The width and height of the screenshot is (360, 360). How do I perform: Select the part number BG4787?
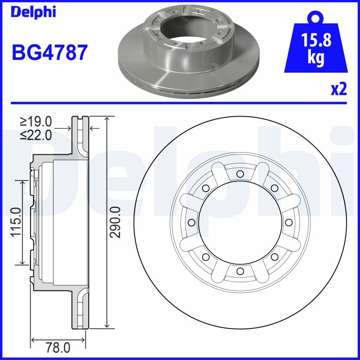point(49,52)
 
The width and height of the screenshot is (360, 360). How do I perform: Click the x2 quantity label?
point(339,90)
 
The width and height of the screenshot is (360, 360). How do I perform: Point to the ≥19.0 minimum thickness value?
point(36,121)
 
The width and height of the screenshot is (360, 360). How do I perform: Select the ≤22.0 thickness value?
point(36,134)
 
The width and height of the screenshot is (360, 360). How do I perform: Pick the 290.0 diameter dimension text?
point(116,222)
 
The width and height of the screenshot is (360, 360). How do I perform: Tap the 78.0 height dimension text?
point(59,348)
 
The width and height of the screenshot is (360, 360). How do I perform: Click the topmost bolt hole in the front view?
point(240,174)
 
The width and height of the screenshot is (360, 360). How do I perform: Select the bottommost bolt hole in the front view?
point(240,271)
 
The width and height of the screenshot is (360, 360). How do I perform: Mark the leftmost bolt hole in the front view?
point(191,222)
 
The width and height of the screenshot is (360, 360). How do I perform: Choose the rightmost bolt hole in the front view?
point(288,222)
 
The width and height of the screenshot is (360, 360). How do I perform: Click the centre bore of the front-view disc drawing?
point(240,222)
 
